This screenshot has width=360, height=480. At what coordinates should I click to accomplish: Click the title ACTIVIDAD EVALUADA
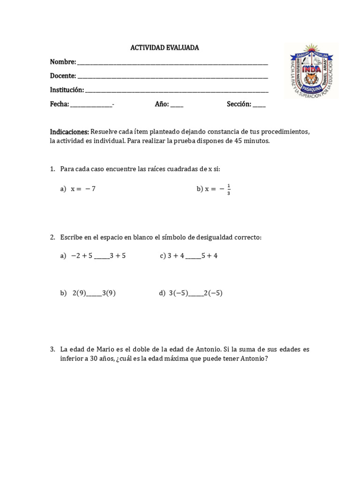click(164, 48)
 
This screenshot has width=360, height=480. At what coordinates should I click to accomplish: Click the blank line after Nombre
click(172, 63)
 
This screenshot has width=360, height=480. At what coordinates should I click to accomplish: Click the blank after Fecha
click(91, 105)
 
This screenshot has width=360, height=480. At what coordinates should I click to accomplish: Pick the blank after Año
click(177, 105)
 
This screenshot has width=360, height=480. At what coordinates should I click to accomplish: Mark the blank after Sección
click(259, 105)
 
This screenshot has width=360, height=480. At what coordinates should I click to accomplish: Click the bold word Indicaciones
click(69, 132)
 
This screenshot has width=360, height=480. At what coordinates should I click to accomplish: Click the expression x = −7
click(83, 189)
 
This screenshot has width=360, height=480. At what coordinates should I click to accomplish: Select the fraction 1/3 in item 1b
click(228, 189)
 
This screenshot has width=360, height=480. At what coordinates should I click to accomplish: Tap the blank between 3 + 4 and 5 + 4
click(193, 256)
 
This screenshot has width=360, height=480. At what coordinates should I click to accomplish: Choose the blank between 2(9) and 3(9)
click(94, 294)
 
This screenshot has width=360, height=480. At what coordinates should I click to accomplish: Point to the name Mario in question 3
click(105, 350)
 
